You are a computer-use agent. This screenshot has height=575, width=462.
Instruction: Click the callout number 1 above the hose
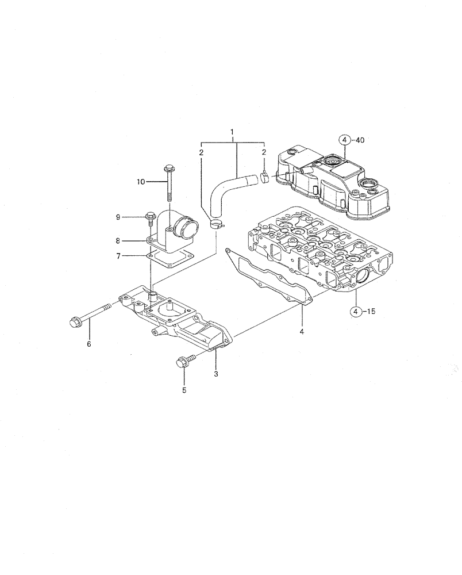tap(232, 132)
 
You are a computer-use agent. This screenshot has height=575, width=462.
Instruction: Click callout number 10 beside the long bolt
tap(141, 182)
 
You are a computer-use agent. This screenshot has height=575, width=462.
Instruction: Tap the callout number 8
tap(117, 241)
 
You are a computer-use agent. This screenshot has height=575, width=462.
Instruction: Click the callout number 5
tap(184, 391)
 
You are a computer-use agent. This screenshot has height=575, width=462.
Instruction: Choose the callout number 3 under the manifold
tap(215, 375)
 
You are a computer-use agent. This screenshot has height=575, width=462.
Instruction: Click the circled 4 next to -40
tap(343, 140)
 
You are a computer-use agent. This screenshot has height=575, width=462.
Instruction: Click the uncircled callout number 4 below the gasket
tap(302, 332)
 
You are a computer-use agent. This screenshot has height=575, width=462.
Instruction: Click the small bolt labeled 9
tap(149, 216)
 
